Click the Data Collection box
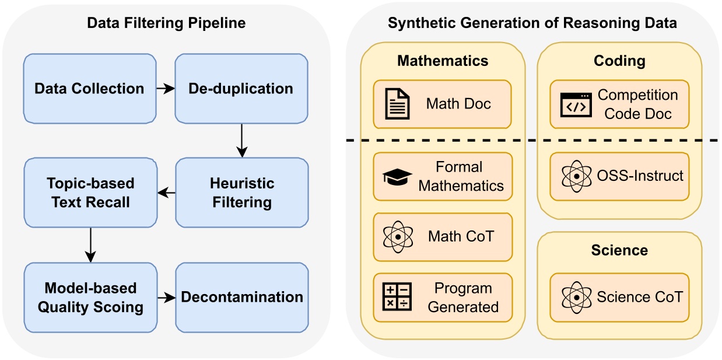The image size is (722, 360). (x=90, y=89)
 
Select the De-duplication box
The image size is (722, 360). (x=241, y=89)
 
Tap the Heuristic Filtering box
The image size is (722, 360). (x=241, y=193)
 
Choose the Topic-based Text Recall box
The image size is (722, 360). (x=90, y=193)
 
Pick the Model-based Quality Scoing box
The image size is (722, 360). (x=90, y=297)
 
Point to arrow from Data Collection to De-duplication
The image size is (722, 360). (x=166, y=89)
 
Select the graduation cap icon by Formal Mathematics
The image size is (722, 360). (x=397, y=177)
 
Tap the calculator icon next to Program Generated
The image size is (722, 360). (x=397, y=297)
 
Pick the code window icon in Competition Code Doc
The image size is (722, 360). (x=575, y=104)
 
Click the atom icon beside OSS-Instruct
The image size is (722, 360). (x=575, y=176)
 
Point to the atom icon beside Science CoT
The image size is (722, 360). (x=575, y=297)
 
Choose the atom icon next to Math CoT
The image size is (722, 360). (x=397, y=237)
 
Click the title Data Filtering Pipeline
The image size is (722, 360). (x=166, y=23)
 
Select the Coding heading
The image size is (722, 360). (x=619, y=60)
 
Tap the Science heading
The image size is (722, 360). (x=619, y=250)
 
